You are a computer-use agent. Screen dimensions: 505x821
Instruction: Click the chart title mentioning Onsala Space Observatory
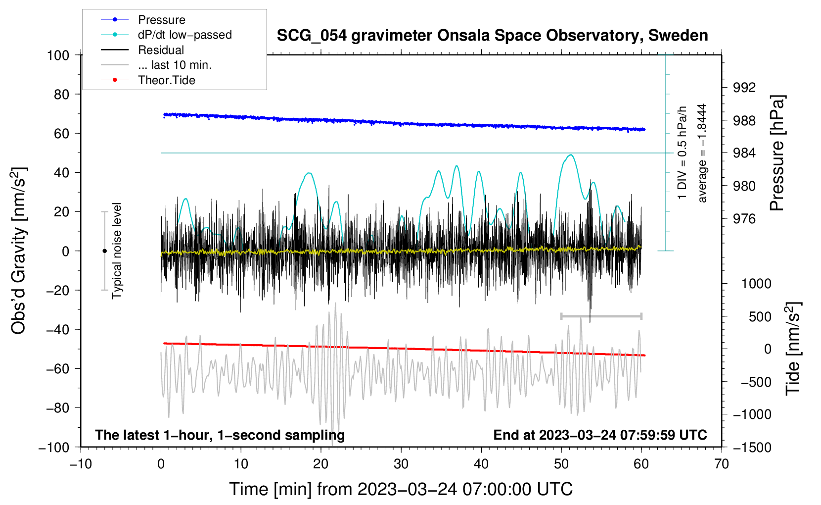point(492,36)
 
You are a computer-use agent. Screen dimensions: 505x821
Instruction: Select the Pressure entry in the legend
point(161,20)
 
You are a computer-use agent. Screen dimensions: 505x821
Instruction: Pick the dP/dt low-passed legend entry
point(184,35)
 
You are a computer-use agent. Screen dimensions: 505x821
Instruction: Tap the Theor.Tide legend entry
point(166,80)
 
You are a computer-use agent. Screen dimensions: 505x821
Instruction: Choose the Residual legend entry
point(161,50)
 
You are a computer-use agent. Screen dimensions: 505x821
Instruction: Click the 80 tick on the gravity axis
point(61,94)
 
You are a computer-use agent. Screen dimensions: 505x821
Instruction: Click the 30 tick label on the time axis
point(401,464)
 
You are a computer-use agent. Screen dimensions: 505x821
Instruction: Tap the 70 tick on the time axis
point(722,464)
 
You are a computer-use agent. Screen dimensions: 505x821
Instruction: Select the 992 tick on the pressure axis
point(744,88)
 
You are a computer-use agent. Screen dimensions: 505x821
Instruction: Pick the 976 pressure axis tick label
point(744,219)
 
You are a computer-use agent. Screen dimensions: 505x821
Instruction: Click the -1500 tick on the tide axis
point(752,447)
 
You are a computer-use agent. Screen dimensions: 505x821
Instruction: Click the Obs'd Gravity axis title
point(19,251)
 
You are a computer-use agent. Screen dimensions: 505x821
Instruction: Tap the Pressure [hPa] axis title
point(777,153)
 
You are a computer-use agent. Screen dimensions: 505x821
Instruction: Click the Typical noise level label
point(117,251)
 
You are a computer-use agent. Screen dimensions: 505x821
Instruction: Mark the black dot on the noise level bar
point(104,251)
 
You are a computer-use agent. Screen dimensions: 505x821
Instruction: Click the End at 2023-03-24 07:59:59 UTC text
point(600,435)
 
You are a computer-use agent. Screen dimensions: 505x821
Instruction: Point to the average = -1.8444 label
point(702,153)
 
